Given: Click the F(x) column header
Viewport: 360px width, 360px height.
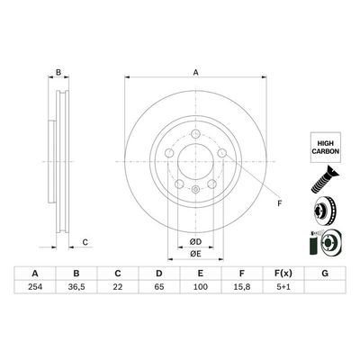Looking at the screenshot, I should click(x=283, y=274).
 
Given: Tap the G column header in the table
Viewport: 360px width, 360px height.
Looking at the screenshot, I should click(x=324, y=274).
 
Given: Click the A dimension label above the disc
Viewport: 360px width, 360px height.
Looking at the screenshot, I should click(x=194, y=75).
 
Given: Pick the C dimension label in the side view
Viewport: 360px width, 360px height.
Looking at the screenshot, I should click(x=85, y=241).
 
